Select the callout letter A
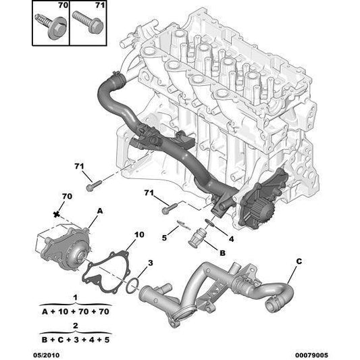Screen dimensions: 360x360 [99, 211]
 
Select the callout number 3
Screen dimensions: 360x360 [151, 263]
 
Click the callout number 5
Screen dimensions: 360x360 [164, 237]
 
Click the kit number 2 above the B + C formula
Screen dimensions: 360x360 [76, 325]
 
